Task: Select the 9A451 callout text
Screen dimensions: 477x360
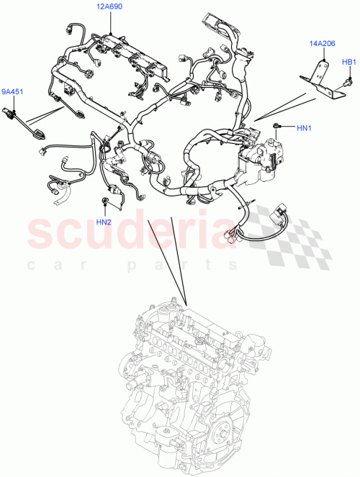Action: point(12,91)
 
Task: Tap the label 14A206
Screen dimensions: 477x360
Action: point(322,45)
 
